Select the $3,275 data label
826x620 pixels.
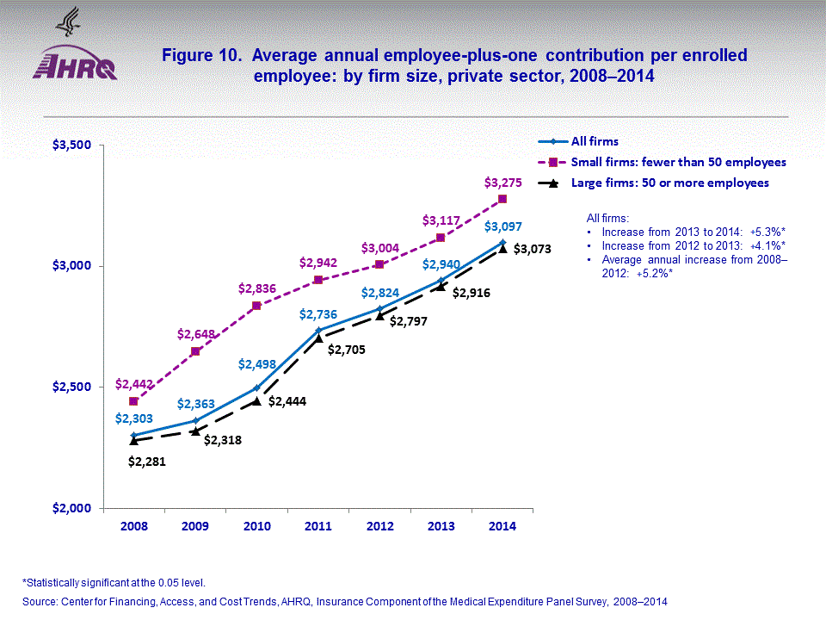point(502,183)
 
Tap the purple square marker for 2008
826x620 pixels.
point(133,401)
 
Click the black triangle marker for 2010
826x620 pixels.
point(256,400)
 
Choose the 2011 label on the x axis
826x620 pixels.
point(318,528)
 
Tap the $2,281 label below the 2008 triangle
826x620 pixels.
point(146,462)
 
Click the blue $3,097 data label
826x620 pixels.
point(502,226)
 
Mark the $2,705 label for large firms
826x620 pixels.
point(347,350)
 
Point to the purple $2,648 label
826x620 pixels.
point(194,333)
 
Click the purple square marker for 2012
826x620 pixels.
point(379,264)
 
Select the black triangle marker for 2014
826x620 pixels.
point(502,247)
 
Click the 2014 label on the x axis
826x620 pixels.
point(502,528)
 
